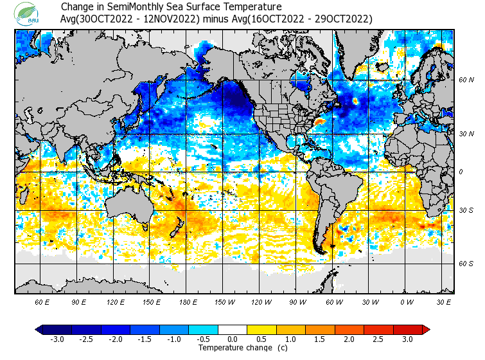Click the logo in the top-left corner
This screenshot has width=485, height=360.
[x=29, y=13]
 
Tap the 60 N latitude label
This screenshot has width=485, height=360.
[x=466, y=80]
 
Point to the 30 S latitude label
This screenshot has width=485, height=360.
[x=466, y=210]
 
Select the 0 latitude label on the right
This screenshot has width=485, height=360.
[x=461, y=172]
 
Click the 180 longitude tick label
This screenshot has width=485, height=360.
[x=188, y=301]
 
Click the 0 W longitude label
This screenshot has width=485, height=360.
[x=406, y=301]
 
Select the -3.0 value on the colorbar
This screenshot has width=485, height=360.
[x=57, y=339]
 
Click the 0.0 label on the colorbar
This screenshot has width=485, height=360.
[x=233, y=339]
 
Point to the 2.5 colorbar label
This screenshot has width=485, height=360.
[x=378, y=339]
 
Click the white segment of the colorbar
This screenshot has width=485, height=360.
[x=233, y=330]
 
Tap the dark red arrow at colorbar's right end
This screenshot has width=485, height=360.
[x=426, y=330]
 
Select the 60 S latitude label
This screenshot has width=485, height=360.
[x=466, y=264]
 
